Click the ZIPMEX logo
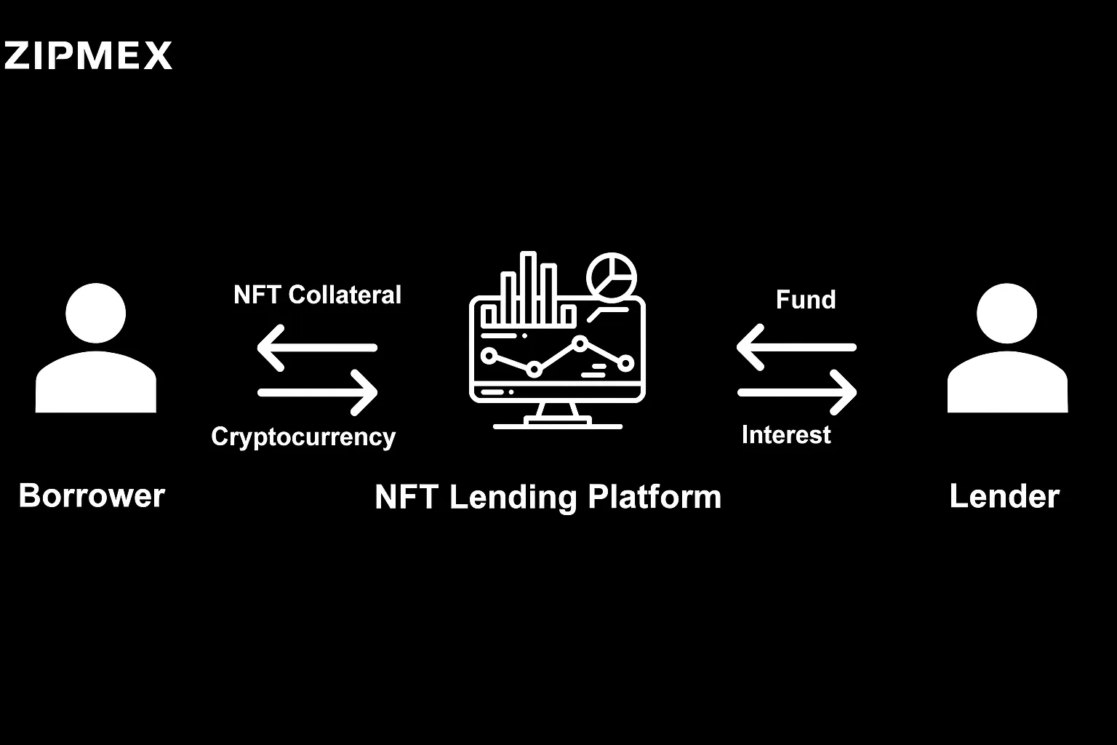tap(88, 55)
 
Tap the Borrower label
tap(92, 495)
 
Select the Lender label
tap(1004, 496)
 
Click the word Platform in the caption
tap(654, 497)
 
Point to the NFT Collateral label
tap(317, 295)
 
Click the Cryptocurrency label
tap(303, 437)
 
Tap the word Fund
tap(805, 300)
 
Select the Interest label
tap(786, 434)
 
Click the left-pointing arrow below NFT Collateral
tap(317, 348)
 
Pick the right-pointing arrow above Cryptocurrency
tap(317, 393)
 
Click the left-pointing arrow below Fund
tap(796, 347)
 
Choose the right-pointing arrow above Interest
tap(797, 393)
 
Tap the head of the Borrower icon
tap(96, 314)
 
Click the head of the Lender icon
tap(1006, 314)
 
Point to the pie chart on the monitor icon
tap(612, 277)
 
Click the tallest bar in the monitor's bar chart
tap(528, 288)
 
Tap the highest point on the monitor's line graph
tap(580, 343)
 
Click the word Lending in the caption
tap(513, 498)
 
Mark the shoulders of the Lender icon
tap(1007, 382)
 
